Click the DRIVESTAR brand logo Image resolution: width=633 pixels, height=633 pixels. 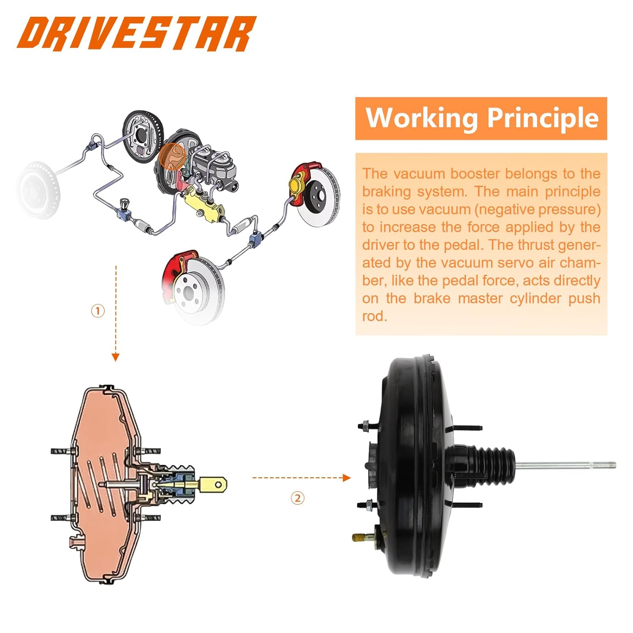coord(136,34)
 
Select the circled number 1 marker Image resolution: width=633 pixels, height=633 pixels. coord(98,311)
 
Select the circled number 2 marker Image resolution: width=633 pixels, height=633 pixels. coord(298,498)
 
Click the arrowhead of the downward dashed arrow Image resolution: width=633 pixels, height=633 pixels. coord(116,357)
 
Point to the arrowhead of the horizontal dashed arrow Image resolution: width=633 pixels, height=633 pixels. coord(346,478)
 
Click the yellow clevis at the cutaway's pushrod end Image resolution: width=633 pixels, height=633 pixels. coord(213,484)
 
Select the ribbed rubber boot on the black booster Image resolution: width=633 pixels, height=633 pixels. coord(498,463)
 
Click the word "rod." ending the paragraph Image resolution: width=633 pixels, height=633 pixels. coord(374,316)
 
